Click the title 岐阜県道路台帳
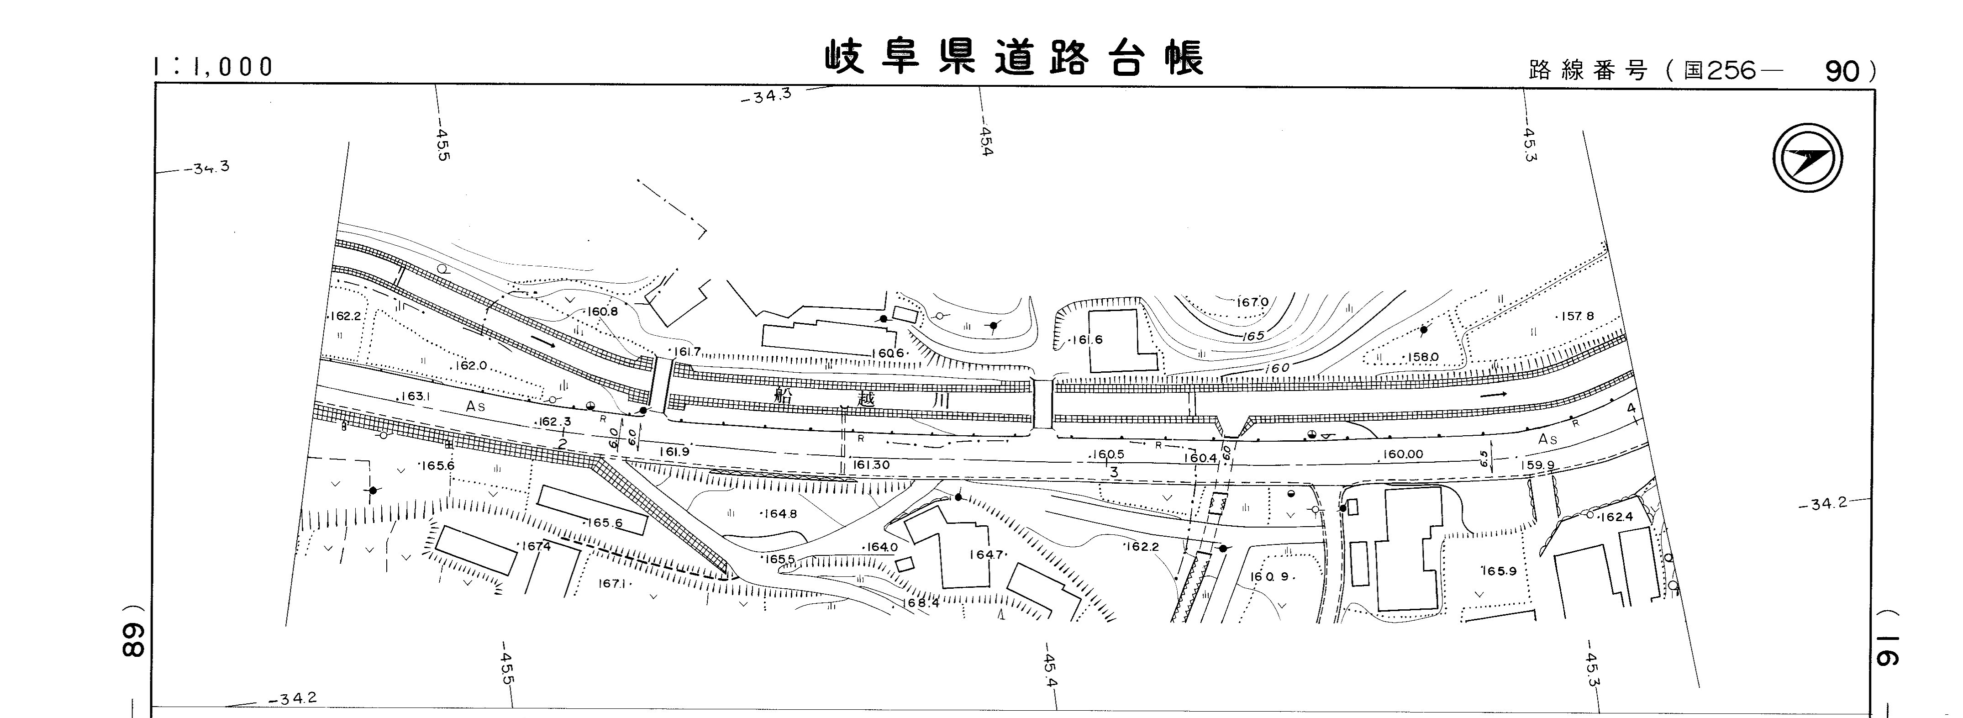[x=1014, y=58]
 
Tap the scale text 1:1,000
[x=213, y=67]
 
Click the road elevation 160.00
[x=1403, y=454]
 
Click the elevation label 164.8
[x=779, y=514]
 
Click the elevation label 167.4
[x=537, y=546]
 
